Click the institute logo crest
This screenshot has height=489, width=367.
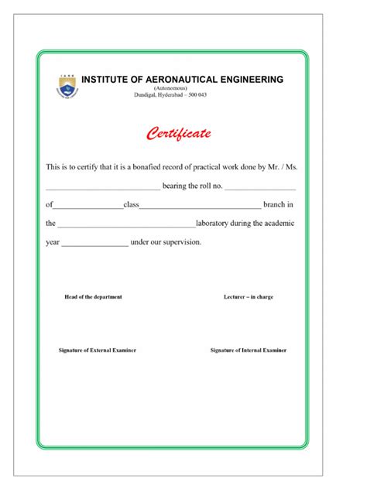pos(67,86)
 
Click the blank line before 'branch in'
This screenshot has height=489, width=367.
pos(200,206)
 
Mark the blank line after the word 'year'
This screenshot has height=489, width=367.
pos(94,243)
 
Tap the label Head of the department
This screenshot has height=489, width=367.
pos(93,297)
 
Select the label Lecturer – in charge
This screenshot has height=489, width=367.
pos(248,297)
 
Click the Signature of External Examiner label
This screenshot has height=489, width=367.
pos(98,351)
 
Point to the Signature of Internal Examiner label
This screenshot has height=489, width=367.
pos(249,351)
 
